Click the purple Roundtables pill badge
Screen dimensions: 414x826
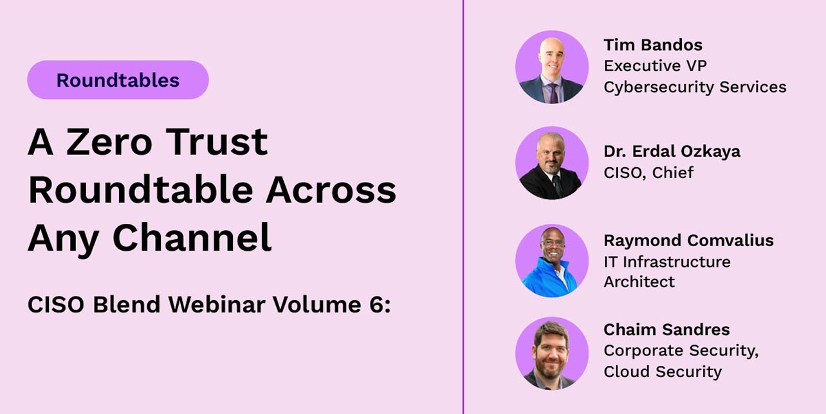point(118,80)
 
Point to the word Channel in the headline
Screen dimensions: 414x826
point(192,238)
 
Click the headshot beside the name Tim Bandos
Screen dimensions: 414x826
point(551,67)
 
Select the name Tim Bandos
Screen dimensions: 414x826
point(652,45)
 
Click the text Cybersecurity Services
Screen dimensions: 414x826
point(695,87)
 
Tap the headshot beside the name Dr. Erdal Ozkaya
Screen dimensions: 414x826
point(551,163)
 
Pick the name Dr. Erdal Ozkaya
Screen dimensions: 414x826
point(672,151)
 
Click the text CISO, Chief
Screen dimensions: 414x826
point(648,172)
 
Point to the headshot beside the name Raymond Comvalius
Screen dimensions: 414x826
point(551,260)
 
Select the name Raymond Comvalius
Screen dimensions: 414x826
point(688,240)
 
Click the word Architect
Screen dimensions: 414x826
point(639,282)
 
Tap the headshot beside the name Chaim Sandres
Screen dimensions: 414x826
point(551,353)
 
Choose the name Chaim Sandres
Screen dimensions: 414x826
point(666,330)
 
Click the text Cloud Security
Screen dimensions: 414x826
point(662,372)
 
